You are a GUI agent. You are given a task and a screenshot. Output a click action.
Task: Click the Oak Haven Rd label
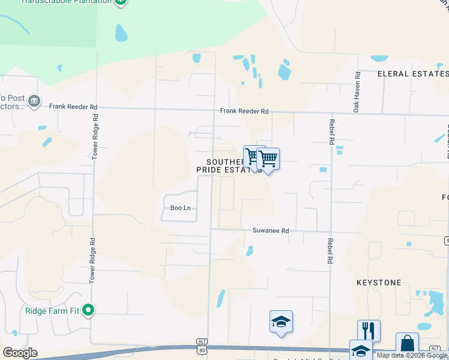pyautogui.click(x=356, y=92)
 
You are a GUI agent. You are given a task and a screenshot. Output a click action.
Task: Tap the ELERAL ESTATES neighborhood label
pyautogui.click(x=413, y=74)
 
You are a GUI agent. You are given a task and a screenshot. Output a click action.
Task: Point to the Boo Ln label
pyautogui.click(x=180, y=208)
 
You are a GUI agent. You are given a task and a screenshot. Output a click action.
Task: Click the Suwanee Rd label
pyautogui.click(x=271, y=230)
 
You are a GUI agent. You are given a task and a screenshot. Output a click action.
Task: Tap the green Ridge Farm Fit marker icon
pyautogui.click(x=88, y=310)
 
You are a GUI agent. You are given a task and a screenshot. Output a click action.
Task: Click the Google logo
pyautogui.click(x=20, y=352)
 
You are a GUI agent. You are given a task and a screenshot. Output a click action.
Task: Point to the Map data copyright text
pyautogui.click(x=412, y=355)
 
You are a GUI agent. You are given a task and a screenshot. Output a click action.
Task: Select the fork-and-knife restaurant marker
pyautogui.click(x=369, y=331)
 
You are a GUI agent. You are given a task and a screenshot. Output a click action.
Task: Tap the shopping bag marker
pyautogui.click(x=407, y=344)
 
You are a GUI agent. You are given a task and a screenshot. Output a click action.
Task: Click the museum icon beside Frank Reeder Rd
pyautogui.click(x=34, y=100)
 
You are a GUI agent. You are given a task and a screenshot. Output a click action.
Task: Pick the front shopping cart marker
pyautogui.click(x=268, y=159)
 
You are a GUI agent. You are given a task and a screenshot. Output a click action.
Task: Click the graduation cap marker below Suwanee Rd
pyautogui.click(x=281, y=322)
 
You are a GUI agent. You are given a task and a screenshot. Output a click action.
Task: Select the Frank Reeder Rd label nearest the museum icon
pyautogui.click(x=73, y=107)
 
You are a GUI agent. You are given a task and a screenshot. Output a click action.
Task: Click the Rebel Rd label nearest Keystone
pyautogui.click(x=330, y=251)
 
